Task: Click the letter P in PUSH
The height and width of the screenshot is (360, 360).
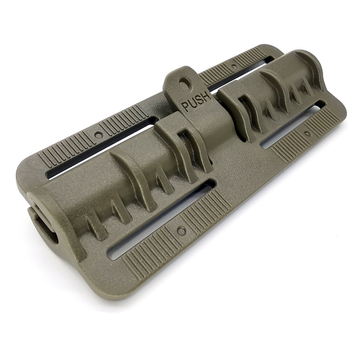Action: pos(185,107)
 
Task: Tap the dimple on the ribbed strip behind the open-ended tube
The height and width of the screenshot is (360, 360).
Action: pos(98,135)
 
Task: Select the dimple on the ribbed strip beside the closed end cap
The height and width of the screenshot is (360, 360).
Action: pos(306,133)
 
